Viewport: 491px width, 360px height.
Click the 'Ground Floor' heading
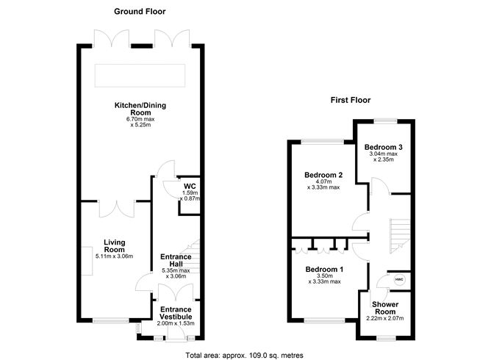coord(140,12)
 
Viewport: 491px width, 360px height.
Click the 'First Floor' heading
coord(350,100)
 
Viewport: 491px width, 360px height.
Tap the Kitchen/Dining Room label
coord(140,109)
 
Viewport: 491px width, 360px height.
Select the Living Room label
coord(115,245)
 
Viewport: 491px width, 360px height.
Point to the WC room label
coord(189,187)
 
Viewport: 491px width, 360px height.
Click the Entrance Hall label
coord(175,261)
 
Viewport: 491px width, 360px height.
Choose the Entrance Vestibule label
coord(175,313)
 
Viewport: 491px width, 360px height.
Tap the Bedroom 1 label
coord(325,268)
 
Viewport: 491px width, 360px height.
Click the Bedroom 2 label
coord(324,175)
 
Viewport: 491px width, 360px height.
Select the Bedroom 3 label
coord(384,147)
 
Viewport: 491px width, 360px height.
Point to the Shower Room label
coord(385,309)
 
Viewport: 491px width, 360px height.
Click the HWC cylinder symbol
coord(399,280)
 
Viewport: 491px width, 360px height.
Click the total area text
coord(245,355)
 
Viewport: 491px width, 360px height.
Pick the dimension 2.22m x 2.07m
coord(385,318)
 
